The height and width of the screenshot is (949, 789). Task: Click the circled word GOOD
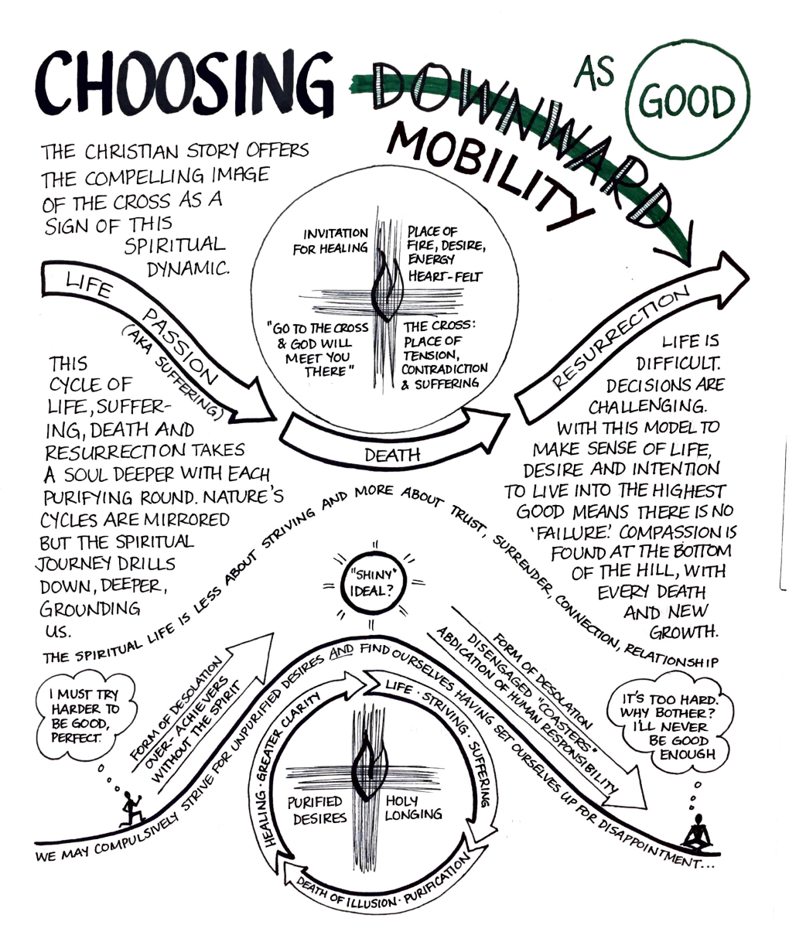(690, 100)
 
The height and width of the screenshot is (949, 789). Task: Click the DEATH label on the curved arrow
(392, 455)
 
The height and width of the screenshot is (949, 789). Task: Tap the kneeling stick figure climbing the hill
(131, 807)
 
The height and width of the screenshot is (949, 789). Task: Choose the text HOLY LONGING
(414, 808)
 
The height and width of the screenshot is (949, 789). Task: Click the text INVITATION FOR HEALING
(335, 240)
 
